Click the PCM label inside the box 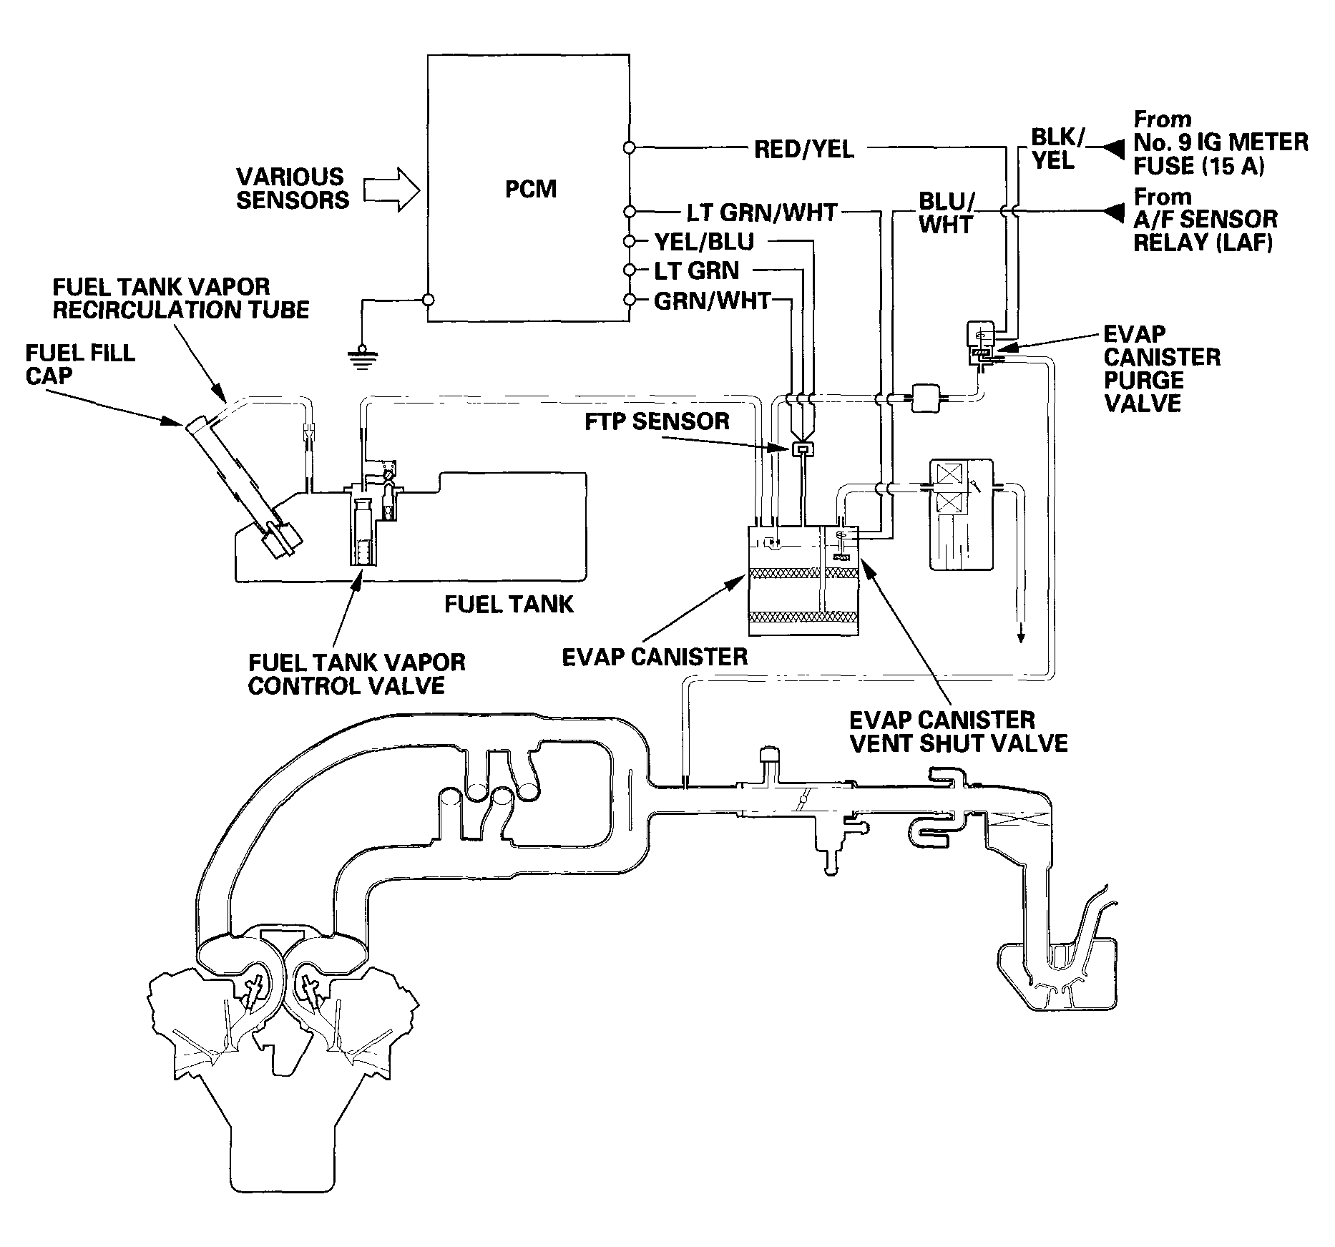(x=530, y=189)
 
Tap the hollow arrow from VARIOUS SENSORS (x=391, y=190)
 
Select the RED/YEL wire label (x=803, y=149)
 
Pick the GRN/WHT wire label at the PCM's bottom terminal (x=712, y=300)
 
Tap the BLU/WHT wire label (x=946, y=212)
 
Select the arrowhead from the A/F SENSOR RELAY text (x=1113, y=212)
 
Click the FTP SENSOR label (x=657, y=421)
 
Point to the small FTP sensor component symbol (x=802, y=449)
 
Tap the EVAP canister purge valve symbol (x=979, y=344)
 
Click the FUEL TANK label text (x=509, y=605)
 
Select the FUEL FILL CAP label (x=80, y=364)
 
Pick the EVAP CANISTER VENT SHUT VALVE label (x=958, y=731)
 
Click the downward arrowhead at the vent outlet (x=1021, y=634)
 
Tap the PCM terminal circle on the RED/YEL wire (x=629, y=148)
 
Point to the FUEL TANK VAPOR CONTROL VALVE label (x=356, y=673)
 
